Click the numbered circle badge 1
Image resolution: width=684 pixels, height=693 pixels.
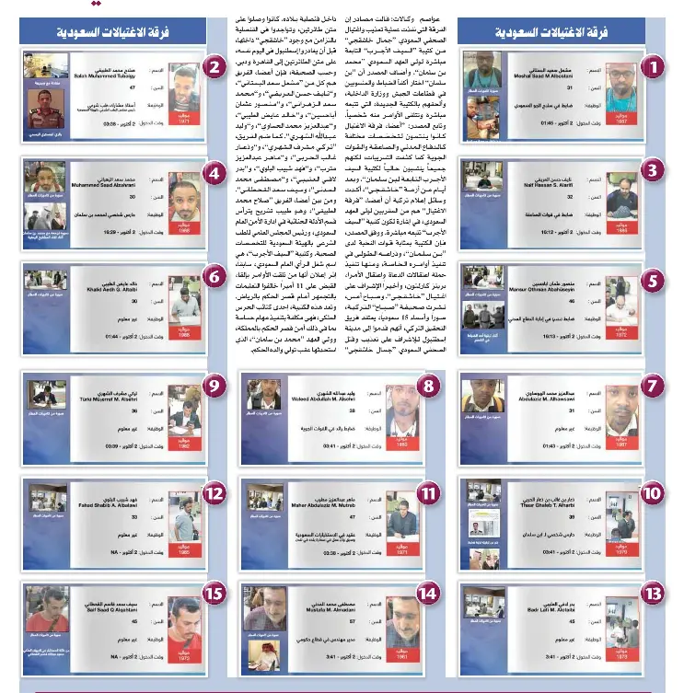point(652,67)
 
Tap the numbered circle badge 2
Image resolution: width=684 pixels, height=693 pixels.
point(214,66)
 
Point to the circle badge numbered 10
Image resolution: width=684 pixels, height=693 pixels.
point(652,493)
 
